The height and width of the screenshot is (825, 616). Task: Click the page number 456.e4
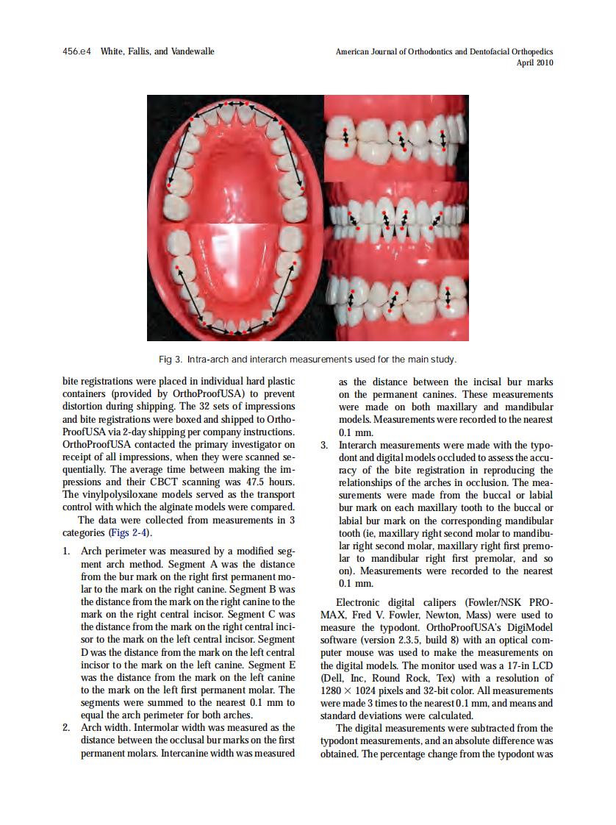point(77,51)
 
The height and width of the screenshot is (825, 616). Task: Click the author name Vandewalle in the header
point(190,51)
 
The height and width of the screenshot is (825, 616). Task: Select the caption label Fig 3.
point(170,360)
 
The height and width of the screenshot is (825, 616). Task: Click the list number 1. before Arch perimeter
point(67,551)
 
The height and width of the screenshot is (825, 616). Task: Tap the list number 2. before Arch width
point(67,728)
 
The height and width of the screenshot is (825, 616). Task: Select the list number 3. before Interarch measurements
point(325,445)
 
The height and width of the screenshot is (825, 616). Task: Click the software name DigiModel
point(526,627)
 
